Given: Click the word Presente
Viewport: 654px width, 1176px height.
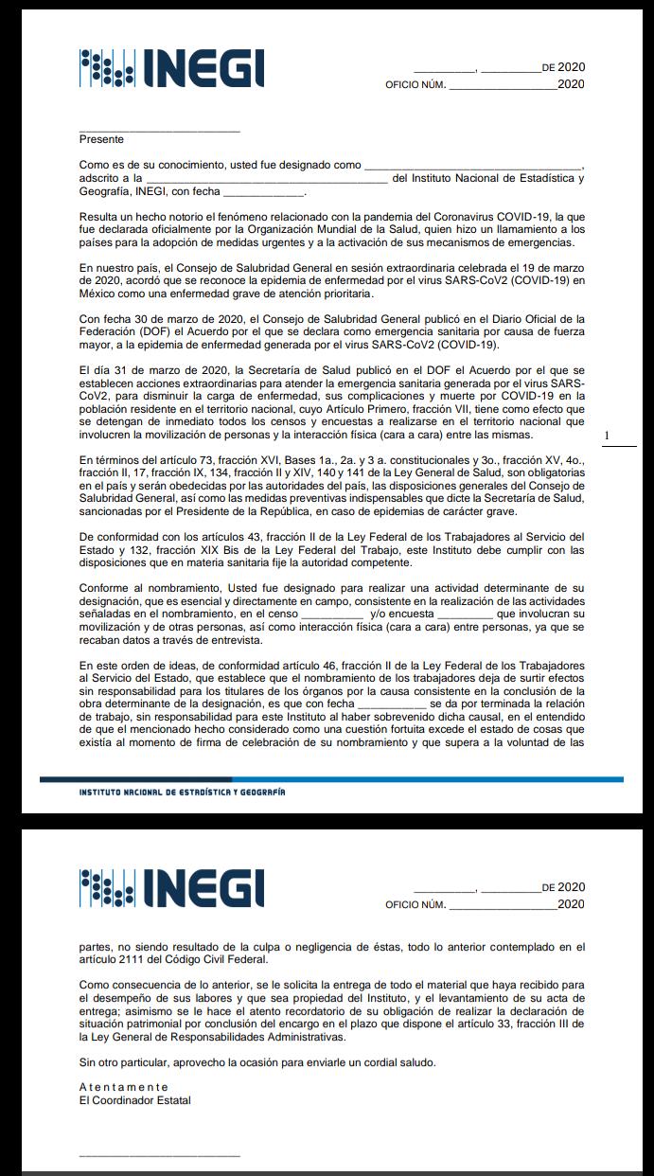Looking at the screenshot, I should [101, 139].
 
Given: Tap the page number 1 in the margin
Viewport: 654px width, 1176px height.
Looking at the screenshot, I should [607, 435].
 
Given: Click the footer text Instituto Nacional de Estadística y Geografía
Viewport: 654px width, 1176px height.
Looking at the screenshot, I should [182, 792].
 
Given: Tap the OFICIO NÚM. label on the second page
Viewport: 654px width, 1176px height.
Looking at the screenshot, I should [415, 904].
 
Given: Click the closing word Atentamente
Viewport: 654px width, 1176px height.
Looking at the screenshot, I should [124, 1087].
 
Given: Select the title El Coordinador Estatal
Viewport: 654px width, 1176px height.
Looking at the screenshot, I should [135, 1100].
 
